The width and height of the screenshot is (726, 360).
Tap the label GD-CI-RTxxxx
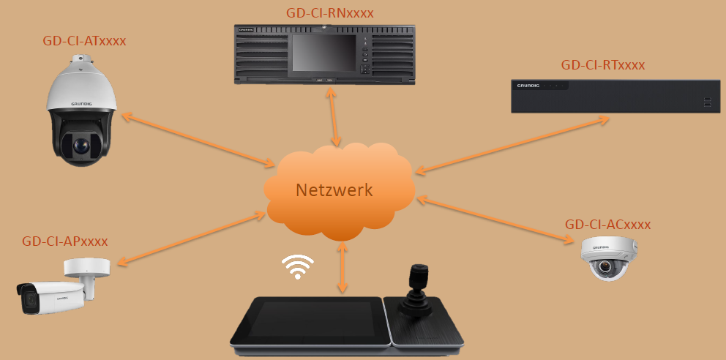[603, 65]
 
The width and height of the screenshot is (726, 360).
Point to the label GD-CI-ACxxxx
[607, 224]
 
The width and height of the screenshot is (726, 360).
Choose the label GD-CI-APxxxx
[65, 241]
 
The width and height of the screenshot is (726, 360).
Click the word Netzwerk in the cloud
[334, 190]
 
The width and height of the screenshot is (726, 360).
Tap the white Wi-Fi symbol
[298, 268]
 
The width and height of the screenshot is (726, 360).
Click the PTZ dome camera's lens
[80, 146]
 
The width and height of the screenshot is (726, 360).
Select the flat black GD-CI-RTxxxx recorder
[615, 96]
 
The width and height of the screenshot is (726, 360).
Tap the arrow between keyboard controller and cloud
[341, 268]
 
